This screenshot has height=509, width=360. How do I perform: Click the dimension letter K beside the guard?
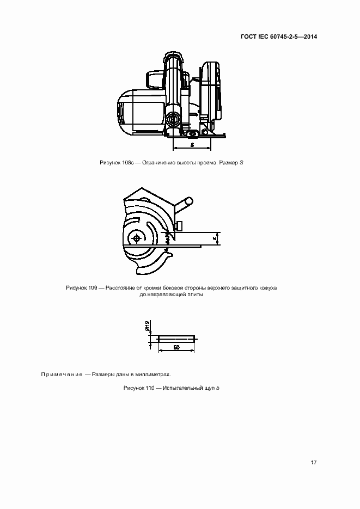point(215,238)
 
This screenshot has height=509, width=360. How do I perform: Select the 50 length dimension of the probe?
point(176,347)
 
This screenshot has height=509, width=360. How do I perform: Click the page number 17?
point(313,463)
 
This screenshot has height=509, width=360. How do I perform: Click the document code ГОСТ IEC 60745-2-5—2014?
point(278,37)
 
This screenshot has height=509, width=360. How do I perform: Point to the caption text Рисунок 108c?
point(117,163)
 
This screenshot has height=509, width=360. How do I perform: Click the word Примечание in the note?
point(61,375)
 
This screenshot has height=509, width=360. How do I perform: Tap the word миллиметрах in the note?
point(152,375)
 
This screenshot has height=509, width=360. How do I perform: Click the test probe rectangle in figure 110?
point(176,338)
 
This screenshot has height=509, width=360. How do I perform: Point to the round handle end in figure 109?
point(188,201)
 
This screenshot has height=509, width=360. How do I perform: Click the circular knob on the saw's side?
point(174,118)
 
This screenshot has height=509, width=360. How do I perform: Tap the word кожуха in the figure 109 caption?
point(268,287)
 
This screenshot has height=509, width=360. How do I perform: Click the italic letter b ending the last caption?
point(217,388)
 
